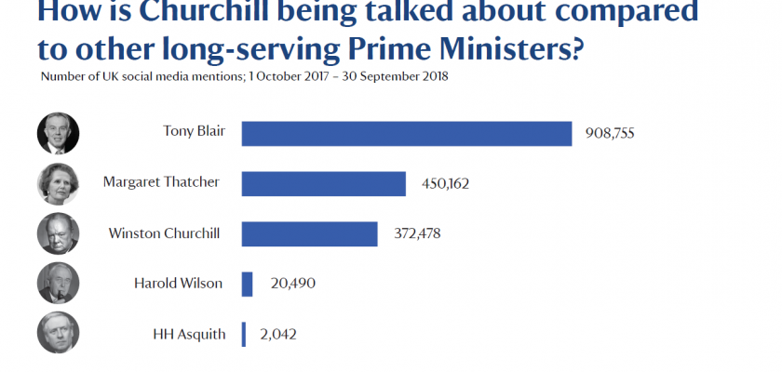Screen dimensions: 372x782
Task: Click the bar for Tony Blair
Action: (406, 133)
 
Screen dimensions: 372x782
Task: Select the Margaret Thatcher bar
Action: (323, 183)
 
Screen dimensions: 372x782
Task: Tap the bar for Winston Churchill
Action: (309, 233)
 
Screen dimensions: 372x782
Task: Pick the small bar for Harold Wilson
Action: (247, 284)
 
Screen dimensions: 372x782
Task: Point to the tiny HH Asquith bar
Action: (243, 334)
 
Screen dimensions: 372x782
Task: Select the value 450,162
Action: (444, 184)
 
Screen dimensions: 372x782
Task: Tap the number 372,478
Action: (416, 234)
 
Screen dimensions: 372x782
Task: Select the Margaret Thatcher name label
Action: (161, 182)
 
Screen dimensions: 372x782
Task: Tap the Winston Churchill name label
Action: (164, 232)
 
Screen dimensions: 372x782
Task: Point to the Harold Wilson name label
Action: (177, 283)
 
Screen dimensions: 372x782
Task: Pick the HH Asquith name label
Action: (189, 333)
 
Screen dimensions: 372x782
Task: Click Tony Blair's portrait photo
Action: (58, 133)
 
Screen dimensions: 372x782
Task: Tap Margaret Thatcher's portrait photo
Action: (58, 183)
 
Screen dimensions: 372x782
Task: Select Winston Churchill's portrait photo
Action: (58, 233)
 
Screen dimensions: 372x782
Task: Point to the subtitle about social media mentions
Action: (245, 75)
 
